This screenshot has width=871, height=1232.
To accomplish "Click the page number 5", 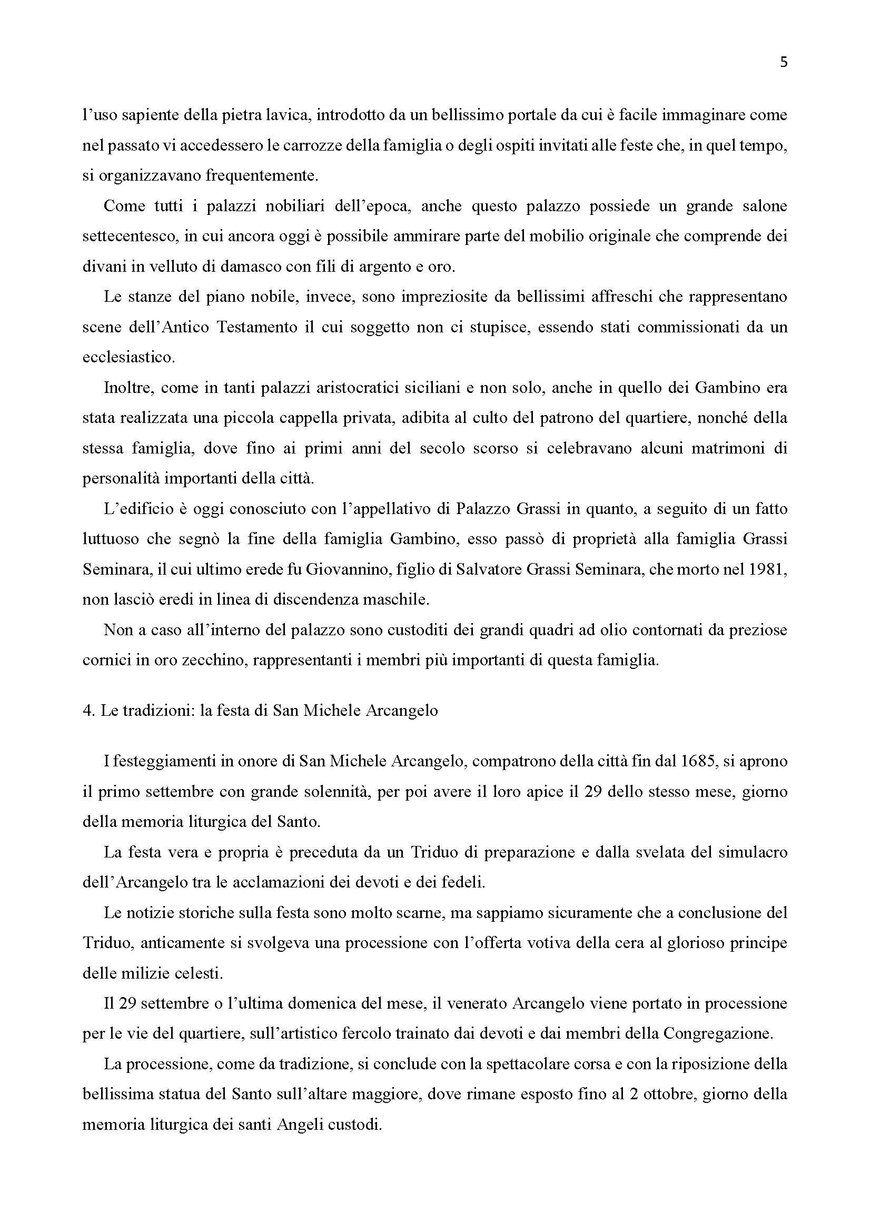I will point(784,63).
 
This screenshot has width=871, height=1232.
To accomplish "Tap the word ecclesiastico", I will point(128,357).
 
